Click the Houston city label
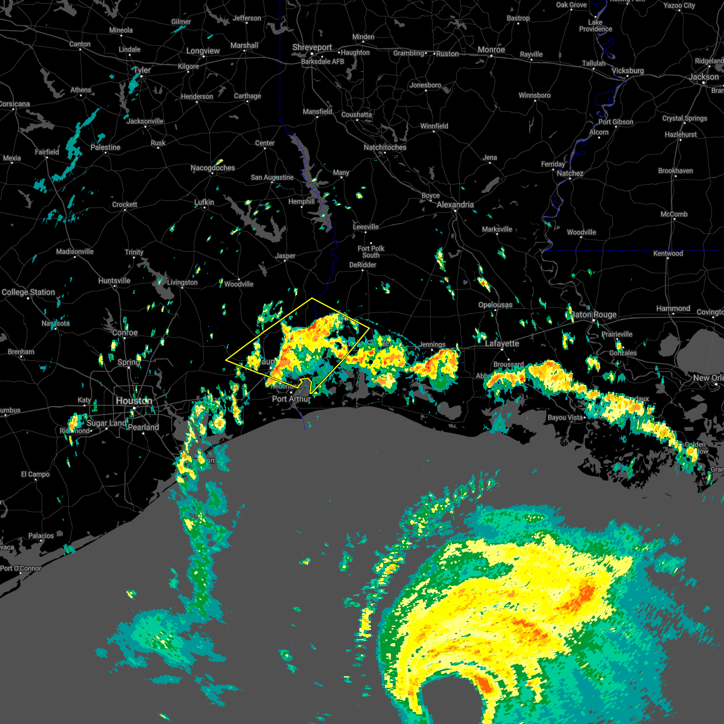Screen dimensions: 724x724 pos(133,401)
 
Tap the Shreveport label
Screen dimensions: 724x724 pos(312,48)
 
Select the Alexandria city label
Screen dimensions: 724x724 pos(455,205)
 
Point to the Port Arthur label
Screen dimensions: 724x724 pos(291,399)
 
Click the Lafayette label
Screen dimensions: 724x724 pos(502,343)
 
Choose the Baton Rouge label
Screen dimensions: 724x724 pos(594,314)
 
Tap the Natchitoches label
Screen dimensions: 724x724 pos(385,147)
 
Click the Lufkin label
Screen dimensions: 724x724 pos(204,203)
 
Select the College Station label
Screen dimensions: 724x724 pos(28,292)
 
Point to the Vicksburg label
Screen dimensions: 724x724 pos(627,71)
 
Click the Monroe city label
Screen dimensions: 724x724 pos(491,49)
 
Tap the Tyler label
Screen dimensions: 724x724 pos(142,70)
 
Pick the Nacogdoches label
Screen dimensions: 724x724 pos(212,168)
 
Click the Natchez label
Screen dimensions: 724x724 pos(570,173)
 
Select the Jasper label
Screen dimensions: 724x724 pos(285,256)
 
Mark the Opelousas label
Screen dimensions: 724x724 pos(495,305)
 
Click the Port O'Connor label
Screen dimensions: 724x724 pos(21,568)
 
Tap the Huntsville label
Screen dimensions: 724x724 pos(114,281)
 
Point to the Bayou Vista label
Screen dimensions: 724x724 pos(565,418)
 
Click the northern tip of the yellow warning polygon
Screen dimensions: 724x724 pos(312,298)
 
